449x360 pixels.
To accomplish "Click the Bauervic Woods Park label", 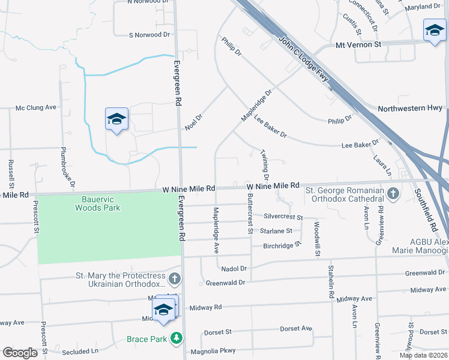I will [97, 203].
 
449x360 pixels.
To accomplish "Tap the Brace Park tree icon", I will [176, 339].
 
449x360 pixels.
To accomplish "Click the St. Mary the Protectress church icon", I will [174, 279].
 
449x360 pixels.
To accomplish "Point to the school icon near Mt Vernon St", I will [433, 31].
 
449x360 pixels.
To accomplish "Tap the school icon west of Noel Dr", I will [117, 119].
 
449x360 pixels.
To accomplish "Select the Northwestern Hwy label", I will [410, 108].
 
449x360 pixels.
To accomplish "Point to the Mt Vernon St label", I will [358, 44].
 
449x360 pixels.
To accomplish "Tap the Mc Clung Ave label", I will [35, 107].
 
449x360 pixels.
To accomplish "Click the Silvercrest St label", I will [283, 217].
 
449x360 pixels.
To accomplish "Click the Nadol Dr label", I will [234, 268].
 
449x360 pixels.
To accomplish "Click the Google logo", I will [20, 353].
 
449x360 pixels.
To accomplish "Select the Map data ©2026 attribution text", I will [423, 355].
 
